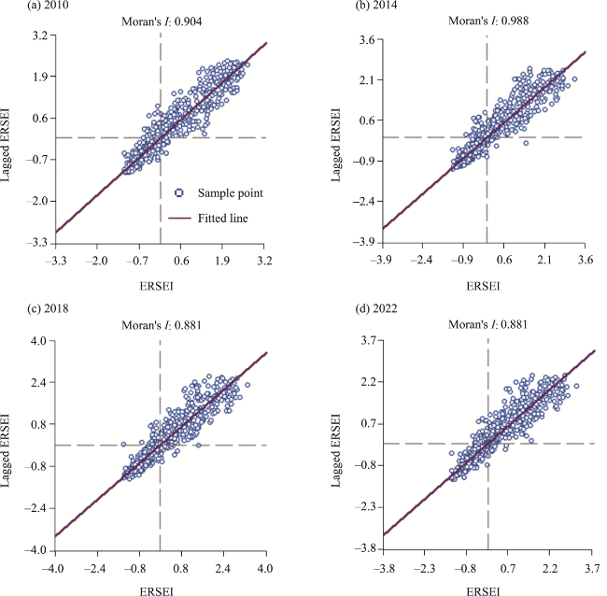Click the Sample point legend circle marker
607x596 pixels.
(179, 192)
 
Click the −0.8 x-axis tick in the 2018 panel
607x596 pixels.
(137, 566)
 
